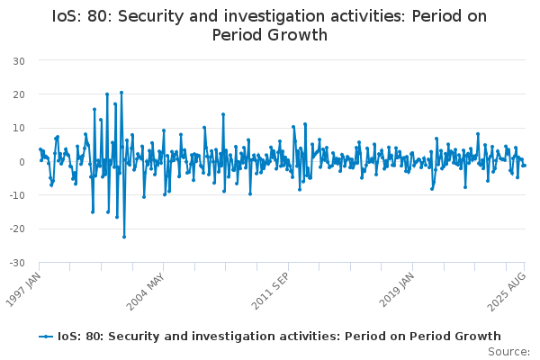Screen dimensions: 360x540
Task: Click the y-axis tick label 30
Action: coord(18,60)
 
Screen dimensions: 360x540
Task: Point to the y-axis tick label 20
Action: coord(18,94)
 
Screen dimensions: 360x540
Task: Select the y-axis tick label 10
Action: coord(18,128)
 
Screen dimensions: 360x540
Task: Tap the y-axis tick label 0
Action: coord(21,162)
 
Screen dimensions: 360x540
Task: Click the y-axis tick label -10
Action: coord(16,195)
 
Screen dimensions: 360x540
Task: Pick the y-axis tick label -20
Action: coord(16,229)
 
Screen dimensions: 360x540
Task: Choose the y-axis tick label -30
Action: coord(16,263)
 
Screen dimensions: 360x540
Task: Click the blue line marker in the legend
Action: coord(46,337)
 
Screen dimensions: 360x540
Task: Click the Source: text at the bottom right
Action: coord(509,351)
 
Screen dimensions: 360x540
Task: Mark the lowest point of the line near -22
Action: coord(124,237)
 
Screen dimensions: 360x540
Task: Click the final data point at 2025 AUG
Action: coord(525,166)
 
